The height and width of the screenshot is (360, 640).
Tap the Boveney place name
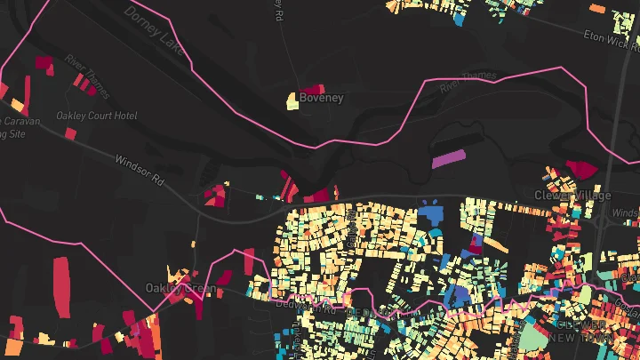point(321,98)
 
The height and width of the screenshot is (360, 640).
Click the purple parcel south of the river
point(448,159)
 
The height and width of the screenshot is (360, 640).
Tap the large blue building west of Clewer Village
point(432,214)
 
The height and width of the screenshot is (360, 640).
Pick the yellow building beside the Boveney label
point(292,100)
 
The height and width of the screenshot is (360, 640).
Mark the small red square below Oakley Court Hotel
point(70,133)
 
